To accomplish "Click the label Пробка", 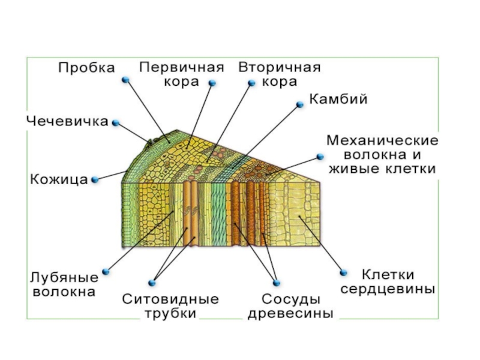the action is coord(86,68).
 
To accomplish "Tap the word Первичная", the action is coord(182,67).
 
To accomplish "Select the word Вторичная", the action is coord(280,67).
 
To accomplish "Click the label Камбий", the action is coord(338,99).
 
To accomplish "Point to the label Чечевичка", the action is coord(67,122).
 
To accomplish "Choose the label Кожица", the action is coord(59,179).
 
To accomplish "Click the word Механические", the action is coord(383,140).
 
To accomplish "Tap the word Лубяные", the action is coord(64,278).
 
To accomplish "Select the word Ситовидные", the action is coord(170,299).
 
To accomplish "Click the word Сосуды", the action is coord(291,299).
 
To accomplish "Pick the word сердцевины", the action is coord(388,289).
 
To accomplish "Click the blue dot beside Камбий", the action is coord(300,104).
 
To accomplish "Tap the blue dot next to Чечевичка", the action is coord(116,123).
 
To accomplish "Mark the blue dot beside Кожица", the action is coord(95,179).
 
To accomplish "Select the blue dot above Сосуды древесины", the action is coord(277,283).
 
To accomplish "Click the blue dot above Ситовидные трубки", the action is coord(152,283).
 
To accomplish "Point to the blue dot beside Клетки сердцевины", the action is coord(343,272).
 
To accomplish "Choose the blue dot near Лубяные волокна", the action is coord(106,272).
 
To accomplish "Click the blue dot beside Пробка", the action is coord(125,80).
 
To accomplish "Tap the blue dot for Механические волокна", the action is coord(320,157).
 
